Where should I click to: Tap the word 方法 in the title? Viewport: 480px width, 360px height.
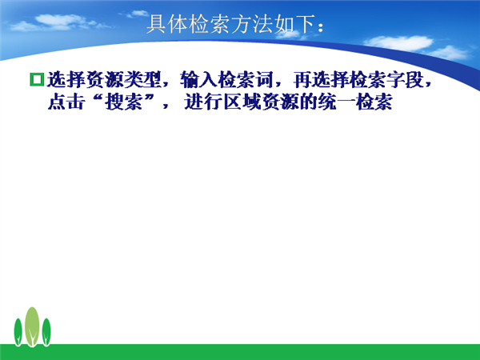coord(252,24)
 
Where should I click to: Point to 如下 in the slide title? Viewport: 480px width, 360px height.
coord(294,24)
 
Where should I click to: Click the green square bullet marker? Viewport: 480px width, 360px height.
coord(37,79)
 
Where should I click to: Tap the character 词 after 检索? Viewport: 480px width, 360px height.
coord(265,79)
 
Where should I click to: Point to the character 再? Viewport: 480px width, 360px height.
coord(302,79)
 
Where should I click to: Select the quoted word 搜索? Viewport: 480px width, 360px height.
coord(124,102)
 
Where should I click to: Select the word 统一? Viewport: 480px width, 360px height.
coord(337,102)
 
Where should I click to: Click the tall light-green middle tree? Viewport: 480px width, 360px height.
coord(32,326)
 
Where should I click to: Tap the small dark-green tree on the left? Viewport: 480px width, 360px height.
coord(18,332)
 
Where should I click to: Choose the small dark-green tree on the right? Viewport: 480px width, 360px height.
coord(46,332)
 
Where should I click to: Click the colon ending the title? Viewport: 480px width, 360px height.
coord(321,27)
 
